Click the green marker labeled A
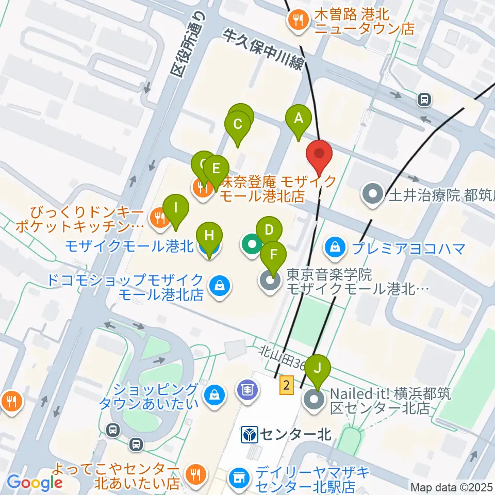pos(298,119)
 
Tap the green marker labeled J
pos(317,369)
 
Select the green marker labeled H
pos(209,237)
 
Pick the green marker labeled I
pos(175,209)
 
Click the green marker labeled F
pos(273,254)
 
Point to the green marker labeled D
pos(269,230)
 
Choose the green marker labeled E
pos(216,169)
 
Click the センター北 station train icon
pos(250,435)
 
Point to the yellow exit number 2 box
pos(287,385)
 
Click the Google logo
pos(35,483)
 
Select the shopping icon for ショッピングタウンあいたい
pos(213,395)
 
